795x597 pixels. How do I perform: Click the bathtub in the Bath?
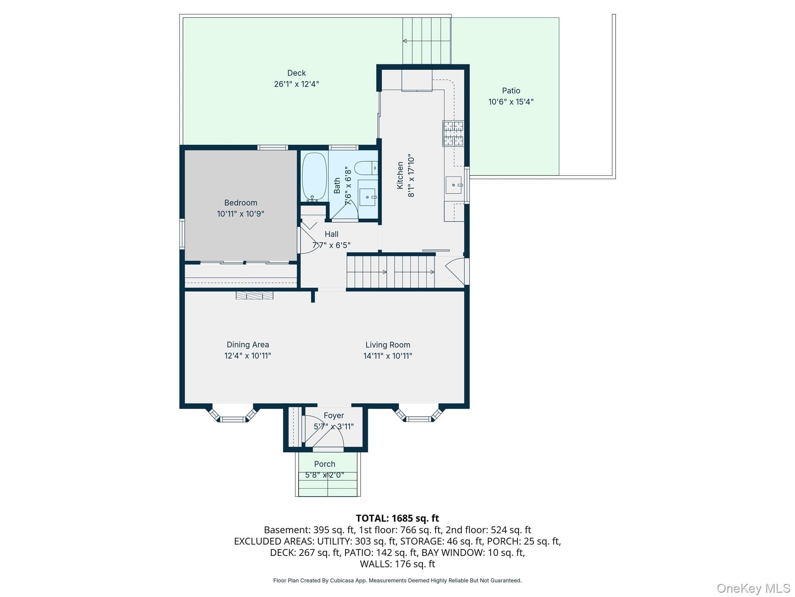click(x=314, y=177)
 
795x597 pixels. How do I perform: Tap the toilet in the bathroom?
click(x=366, y=168)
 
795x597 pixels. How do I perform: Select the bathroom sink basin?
click(x=368, y=197)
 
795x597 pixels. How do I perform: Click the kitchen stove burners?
click(x=453, y=133)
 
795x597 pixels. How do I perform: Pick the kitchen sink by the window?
click(x=453, y=185)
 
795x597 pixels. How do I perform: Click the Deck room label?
click(x=297, y=73)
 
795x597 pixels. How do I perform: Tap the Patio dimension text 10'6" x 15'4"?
click(x=511, y=102)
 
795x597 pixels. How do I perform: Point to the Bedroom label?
click(x=241, y=202)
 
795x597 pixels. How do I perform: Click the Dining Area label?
click(x=248, y=344)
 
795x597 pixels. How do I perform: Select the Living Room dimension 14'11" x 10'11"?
click(x=388, y=356)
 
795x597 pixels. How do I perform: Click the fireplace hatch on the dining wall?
click(x=254, y=295)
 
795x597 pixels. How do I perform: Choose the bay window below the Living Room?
click(x=419, y=414)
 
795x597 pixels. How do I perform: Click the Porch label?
click(x=325, y=464)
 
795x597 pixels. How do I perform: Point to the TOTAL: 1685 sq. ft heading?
click(x=397, y=518)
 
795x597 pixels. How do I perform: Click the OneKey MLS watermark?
click(x=753, y=588)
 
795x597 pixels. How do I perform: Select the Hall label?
click(x=332, y=234)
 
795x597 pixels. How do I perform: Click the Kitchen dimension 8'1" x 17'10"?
click(x=411, y=176)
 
